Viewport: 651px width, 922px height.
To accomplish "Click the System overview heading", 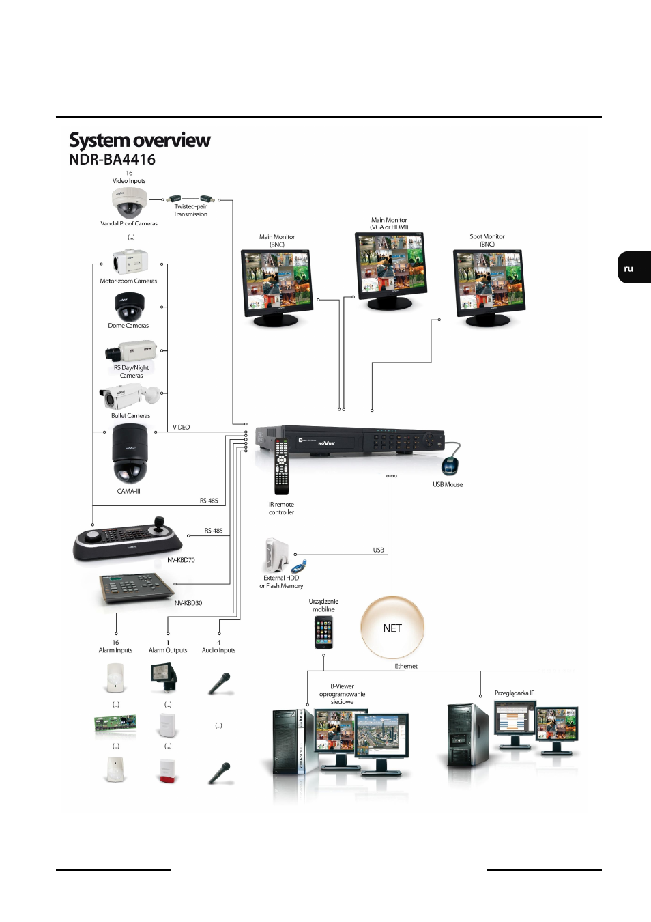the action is click(139, 141).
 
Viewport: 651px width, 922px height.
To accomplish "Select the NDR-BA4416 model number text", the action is click(112, 160).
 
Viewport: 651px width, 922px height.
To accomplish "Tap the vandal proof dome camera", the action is click(129, 203).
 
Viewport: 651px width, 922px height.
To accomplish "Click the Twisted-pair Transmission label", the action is click(190, 210).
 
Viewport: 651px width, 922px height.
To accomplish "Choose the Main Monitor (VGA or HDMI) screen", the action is click(390, 266).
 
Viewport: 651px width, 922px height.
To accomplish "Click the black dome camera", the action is click(129, 307).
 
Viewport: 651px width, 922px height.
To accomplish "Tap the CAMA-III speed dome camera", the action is click(130, 453).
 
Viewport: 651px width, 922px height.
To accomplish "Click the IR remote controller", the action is click(282, 466).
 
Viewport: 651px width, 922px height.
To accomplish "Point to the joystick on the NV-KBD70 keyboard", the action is click(159, 525).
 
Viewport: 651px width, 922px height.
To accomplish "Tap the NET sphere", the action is click(392, 628).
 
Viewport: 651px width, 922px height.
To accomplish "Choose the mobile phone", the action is click(323, 632).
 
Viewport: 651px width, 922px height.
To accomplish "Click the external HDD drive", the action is click(277, 555).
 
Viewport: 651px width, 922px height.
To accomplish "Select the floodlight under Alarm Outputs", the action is click(163, 677).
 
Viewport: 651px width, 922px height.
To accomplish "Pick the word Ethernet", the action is click(406, 666).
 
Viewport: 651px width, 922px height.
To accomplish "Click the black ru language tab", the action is click(634, 268).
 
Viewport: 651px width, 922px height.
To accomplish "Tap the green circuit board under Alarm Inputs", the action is click(115, 724).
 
